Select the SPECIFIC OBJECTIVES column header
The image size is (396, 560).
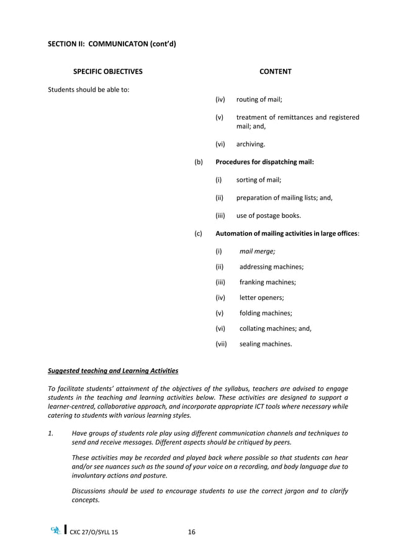tap(107, 72)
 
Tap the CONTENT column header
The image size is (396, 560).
tap(275, 72)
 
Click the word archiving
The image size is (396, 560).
tap(251, 144)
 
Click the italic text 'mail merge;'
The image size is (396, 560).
tap(258, 251)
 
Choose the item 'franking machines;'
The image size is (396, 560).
tap(268, 282)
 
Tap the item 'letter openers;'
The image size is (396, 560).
tap(261, 297)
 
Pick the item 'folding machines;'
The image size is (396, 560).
tap(266, 313)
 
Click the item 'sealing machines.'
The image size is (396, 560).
tap(266, 343)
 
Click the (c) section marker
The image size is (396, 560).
tap(199, 233)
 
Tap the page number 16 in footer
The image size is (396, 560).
tap(191, 531)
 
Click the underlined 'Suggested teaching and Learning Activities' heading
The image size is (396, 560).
tap(113, 371)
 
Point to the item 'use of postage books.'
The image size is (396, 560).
tap(269, 215)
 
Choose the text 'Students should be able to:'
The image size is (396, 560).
tap(89, 89)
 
